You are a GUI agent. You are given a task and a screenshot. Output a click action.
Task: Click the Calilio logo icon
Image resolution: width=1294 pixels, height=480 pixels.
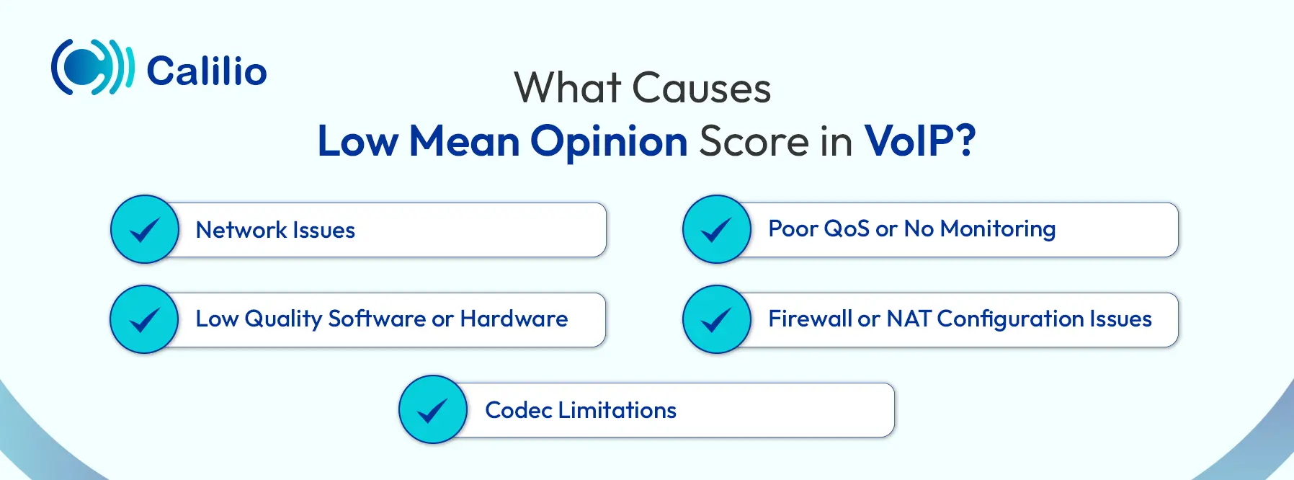pos(92,68)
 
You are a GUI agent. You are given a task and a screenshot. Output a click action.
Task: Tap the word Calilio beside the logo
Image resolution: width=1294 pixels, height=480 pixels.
pos(207,71)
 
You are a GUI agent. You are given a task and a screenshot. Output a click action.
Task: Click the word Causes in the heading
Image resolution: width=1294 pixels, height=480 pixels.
pos(701,89)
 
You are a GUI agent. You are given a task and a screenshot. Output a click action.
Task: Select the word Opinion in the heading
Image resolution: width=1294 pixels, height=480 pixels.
pos(609,141)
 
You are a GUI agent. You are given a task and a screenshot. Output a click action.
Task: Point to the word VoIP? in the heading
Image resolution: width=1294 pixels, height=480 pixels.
pos(920,141)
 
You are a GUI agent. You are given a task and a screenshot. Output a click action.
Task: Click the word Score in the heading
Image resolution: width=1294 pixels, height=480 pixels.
pos(754,141)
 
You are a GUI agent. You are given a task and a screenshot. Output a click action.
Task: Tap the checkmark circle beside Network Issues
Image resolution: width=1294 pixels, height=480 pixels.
pos(145,229)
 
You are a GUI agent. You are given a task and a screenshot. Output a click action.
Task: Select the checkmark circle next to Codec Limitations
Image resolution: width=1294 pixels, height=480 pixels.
pos(433,409)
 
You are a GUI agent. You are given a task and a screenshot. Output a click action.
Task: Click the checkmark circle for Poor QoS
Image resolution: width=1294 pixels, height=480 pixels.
pos(717,229)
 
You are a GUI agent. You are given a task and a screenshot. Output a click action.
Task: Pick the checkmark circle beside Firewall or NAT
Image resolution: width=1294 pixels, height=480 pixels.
pos(717,319)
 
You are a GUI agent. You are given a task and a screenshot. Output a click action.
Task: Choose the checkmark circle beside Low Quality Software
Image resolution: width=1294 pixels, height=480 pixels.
pos(144,319)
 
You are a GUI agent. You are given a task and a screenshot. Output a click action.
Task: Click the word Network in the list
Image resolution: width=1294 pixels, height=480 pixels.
pos(241,230)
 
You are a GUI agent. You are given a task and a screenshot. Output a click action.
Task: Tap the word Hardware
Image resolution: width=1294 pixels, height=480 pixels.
pos(514,319)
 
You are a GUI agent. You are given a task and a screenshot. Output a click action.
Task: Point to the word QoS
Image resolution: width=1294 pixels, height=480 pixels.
pos(846,228)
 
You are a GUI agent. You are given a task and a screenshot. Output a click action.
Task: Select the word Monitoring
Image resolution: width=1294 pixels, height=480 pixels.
pos(998,229)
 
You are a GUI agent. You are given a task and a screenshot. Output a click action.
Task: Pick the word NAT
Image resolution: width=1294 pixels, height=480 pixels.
pos(909,319)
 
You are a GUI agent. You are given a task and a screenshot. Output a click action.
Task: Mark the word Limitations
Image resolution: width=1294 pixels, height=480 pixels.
pos(617,410)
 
